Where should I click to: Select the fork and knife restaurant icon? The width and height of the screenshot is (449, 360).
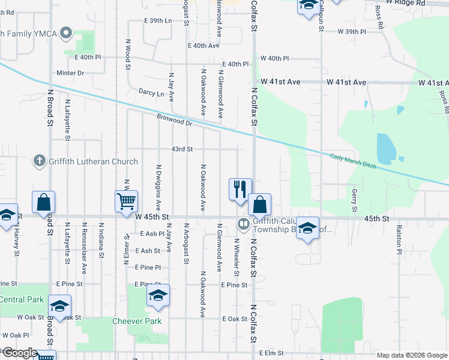point(240,189)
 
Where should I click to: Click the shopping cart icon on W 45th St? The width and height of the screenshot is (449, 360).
point(127,202)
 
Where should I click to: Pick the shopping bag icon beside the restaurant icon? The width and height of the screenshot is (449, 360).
point(259,205)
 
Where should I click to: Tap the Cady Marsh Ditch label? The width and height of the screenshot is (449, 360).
point(352,161)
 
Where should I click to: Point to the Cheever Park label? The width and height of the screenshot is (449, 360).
point(137,321)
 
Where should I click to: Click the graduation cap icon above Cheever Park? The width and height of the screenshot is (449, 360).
point(158,296)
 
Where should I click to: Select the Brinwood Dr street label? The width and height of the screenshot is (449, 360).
point(174,120)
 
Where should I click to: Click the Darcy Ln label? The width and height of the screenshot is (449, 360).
point(151,94)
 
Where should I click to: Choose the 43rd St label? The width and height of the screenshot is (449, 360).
point(182,149)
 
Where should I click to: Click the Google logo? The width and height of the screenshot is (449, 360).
point(19,353)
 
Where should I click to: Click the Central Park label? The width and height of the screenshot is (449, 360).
point(22,299)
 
